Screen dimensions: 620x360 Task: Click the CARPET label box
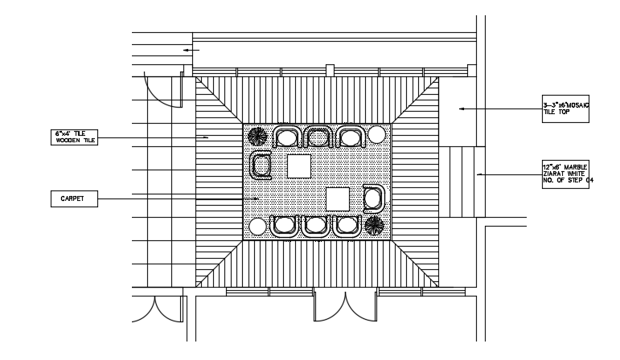[x=72, y=198]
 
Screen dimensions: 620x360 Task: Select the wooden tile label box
[x=74, y=137]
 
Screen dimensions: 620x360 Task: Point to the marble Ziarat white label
[x=567, y=174]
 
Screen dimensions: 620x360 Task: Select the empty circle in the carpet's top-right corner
[x=376, y=134]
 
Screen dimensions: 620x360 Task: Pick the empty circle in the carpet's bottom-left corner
[x=257, y=226]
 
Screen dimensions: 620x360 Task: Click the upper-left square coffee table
[x=300, y=166]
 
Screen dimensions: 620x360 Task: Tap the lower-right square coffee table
[x=339, y=198]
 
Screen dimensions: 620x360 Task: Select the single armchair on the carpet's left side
[x=262, y=166]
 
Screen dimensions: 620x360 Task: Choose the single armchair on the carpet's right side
[x=374, y=197]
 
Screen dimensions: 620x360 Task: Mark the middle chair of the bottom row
[x=316, y=226]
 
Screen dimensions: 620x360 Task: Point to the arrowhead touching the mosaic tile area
[x=462, y=108]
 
